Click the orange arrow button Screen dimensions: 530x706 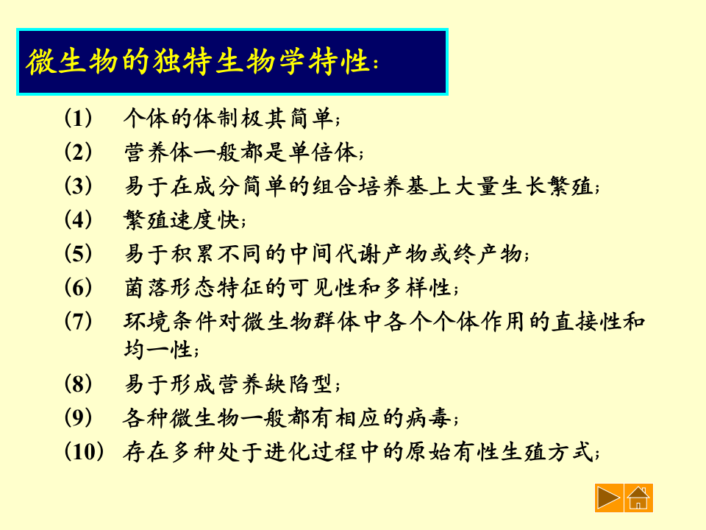tap(609, 498)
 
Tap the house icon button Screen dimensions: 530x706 tap(638, 498)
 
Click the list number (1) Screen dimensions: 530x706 tap(79, 118)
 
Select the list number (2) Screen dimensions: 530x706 tap(79, 152)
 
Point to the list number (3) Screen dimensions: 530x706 tap(79, 186)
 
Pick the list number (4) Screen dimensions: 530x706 tap(79, 219)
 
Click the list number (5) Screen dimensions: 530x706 tap(79, 254)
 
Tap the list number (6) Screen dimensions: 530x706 tap(79, 287)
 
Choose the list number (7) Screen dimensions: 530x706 tap(79, 322)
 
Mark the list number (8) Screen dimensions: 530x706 tap(79, 384)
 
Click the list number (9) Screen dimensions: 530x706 tap(79, 417)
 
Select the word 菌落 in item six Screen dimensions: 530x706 tap(145, 288)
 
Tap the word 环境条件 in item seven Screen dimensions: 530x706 tap(163, 322)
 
